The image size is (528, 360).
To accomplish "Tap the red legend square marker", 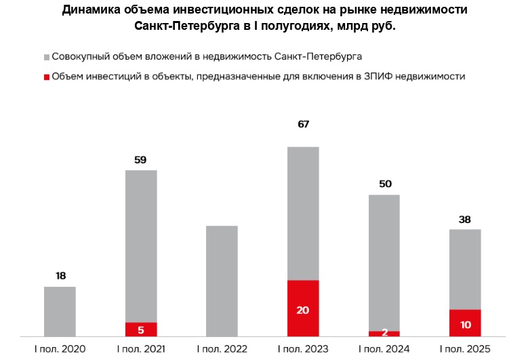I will (x=46, y=77).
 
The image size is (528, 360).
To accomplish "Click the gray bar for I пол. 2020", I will (x=60, y=311).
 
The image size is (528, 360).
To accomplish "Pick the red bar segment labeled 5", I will (x=141, y=329).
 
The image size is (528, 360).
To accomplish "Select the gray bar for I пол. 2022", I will (x=222, y=281).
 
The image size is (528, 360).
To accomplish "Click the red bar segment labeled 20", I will (x=303, y=308).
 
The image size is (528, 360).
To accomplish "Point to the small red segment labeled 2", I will (x=384, y=333).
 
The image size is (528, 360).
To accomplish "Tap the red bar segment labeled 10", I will (x=465, y=323).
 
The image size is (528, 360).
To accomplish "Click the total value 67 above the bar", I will (x=303, y=125).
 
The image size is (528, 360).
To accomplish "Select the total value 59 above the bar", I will (x=141, y=160).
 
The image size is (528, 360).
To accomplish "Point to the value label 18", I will (x=60, y=276).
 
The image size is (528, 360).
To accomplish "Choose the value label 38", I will (x=465, y=219).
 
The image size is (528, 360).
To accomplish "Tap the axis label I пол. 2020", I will (x=60, y=349).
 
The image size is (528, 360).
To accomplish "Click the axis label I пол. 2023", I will (x=303, y=349).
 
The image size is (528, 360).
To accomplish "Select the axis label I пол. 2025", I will (x=465, y=349).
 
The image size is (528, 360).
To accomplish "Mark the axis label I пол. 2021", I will (x=141, y=349).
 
